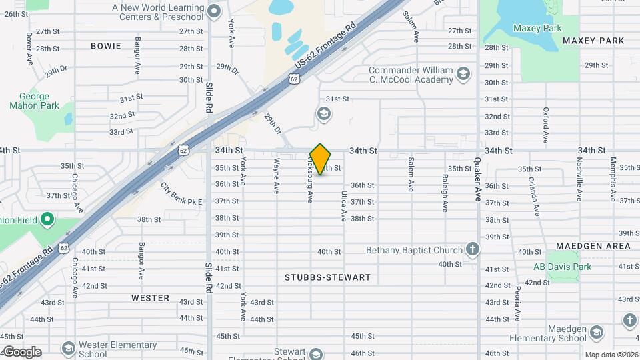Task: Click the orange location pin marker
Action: (321, 159)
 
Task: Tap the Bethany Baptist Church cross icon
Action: (473, 250)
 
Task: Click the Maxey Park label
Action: (537, 28)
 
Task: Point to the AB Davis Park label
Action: (562, 267)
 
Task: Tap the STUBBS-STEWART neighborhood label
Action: (327, 277)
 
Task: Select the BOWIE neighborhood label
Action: (106, 46)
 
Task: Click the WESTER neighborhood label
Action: (150, 298)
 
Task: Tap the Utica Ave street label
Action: (344, 205)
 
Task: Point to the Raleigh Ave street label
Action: (445, 193)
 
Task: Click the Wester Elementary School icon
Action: (68, 348)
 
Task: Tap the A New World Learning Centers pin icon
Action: (214, 11)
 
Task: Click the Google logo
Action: (21, 352)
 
